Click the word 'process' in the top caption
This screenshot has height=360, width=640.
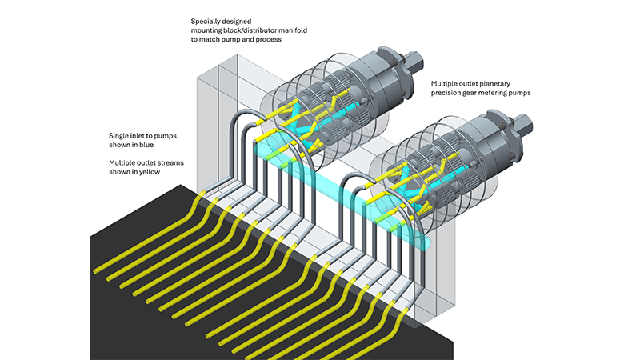[266, 38]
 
